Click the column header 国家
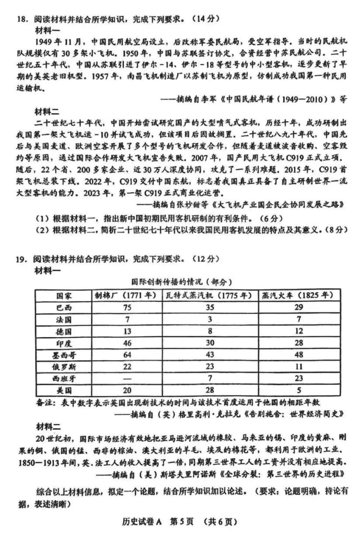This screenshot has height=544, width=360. [x=63, y=296]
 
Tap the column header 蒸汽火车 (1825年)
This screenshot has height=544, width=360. [x=297, y=296]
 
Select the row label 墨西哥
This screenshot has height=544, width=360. [x=63, y=355]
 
